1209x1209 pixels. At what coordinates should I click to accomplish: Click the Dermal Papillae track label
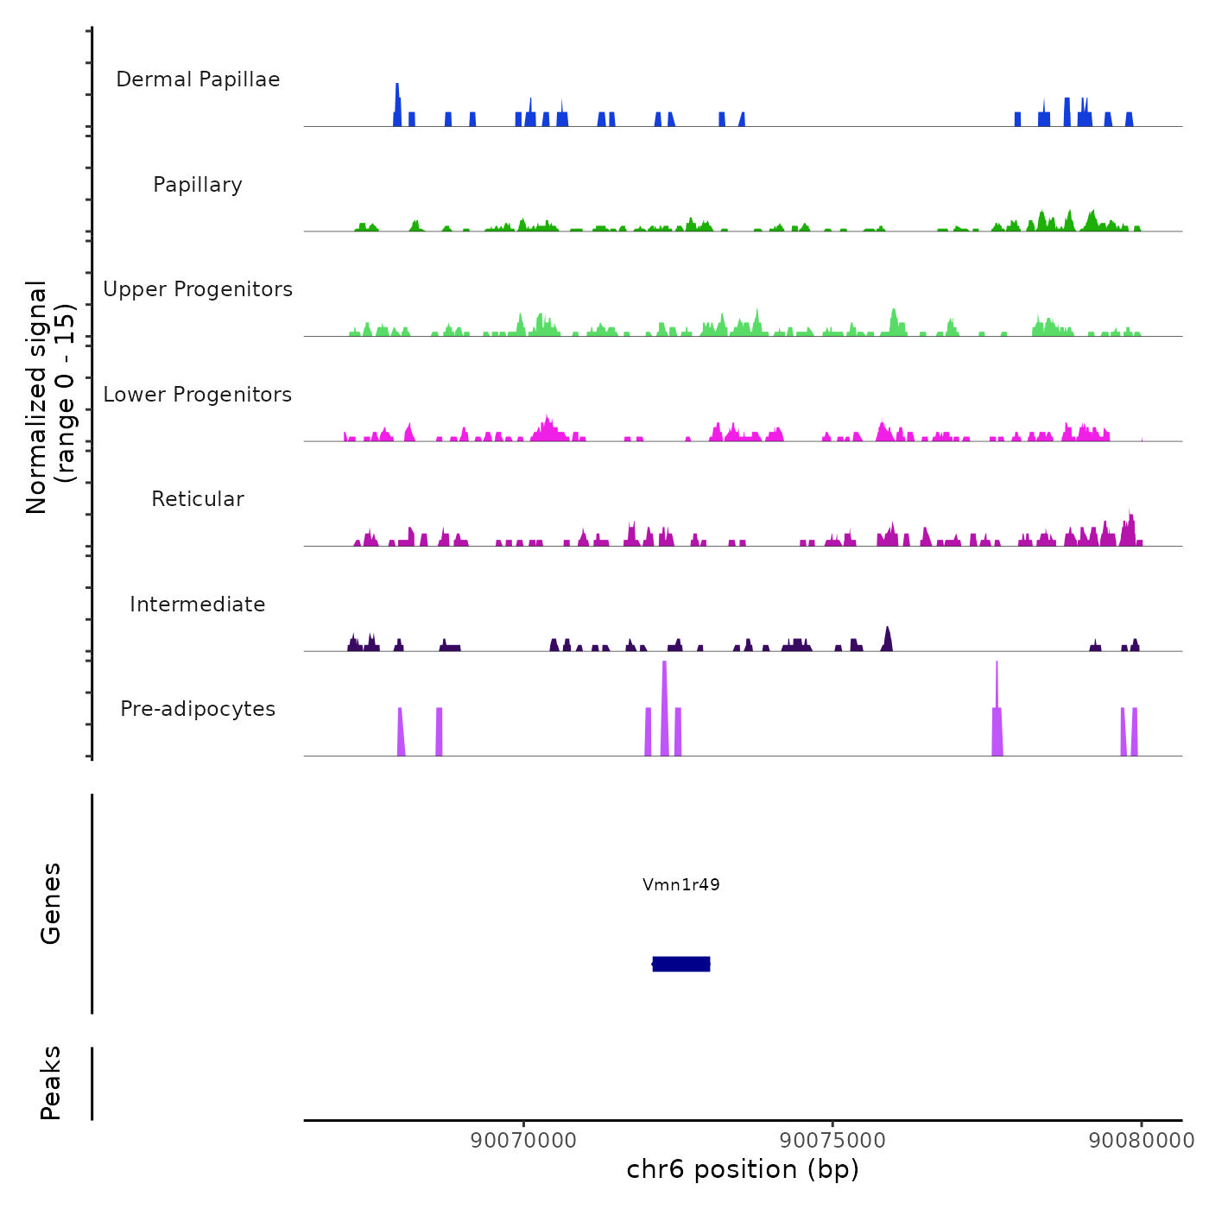click(198, 79)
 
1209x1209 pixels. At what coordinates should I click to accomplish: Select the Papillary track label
click(198, 185)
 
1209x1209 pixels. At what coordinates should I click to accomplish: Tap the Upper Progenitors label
click(198, 289)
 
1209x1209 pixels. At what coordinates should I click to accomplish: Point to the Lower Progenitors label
click(198, 395)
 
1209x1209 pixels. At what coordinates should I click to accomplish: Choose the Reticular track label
click(198, 499)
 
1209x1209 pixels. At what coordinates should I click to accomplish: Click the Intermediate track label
click(198, 604)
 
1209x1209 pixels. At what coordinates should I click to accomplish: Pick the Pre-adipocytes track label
click(198, 709)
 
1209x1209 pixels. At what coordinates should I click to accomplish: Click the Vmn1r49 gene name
click(681, 884)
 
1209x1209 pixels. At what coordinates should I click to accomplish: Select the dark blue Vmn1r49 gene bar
click(681, 964)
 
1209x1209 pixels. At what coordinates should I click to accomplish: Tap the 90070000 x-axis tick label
click(524, 1140)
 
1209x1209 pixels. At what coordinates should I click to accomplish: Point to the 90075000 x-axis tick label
click(832, 1140)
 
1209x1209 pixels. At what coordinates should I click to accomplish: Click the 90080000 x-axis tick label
click(1141, 1140)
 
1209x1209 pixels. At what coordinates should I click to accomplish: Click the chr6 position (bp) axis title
click(743, 1169)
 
